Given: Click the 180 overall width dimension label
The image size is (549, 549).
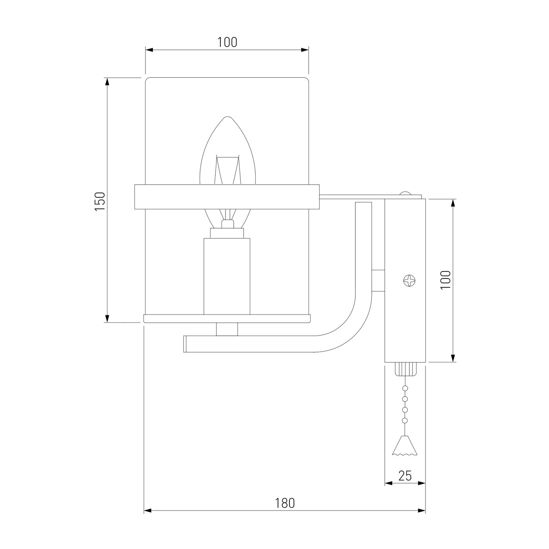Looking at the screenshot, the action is [x=285, y=504].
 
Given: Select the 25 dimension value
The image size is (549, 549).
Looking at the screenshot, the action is [x=405, y=476].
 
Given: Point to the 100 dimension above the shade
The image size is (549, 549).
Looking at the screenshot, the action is [x=227, y=42].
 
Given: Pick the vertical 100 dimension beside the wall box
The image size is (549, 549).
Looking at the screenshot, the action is [x=446, y=280].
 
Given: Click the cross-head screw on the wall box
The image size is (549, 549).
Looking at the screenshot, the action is [x=409, y=280].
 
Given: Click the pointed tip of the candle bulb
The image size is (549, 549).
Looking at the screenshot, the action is [x=227, y=116].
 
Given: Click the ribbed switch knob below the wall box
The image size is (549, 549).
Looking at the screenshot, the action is [x=405, y=369].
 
